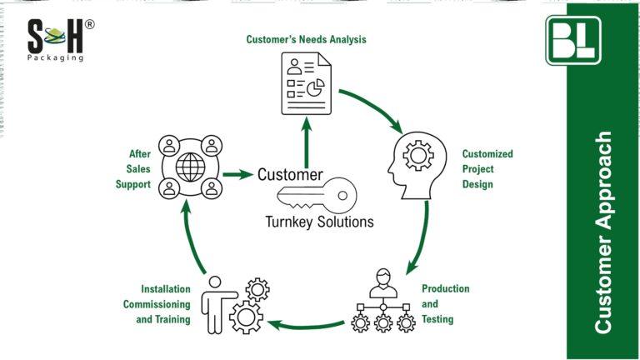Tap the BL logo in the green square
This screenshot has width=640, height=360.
(572, 39)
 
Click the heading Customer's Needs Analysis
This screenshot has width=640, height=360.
(305, 39)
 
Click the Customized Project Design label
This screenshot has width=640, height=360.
(487, 169)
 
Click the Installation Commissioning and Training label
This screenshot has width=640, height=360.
(157, 303)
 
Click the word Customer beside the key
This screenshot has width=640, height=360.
(290, 175)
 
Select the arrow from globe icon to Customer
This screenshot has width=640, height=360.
(237, 175)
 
